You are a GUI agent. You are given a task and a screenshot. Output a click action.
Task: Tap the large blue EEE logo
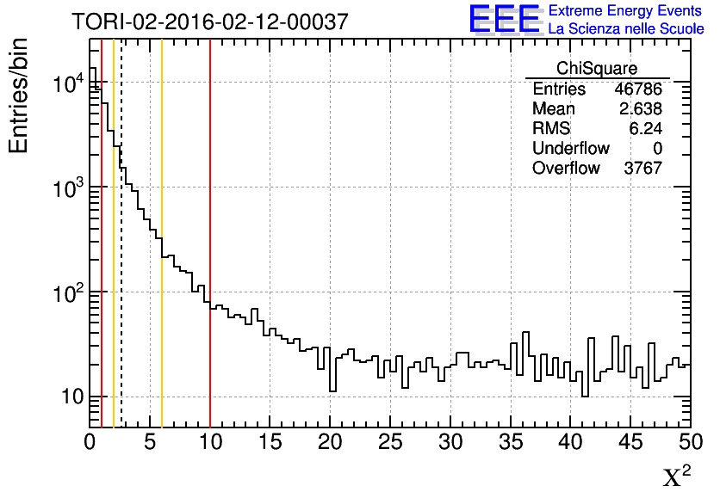pos(505,19)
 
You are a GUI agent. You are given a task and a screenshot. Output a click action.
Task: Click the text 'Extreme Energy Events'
pos(624,10)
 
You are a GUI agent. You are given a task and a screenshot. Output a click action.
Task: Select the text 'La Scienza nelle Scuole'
pos(626,28)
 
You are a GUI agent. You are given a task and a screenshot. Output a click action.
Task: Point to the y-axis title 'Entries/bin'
pos(19,95)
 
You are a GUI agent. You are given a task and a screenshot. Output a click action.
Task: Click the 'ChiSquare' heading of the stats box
pos(597,69)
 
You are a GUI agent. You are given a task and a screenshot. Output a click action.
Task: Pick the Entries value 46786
pos(638,89)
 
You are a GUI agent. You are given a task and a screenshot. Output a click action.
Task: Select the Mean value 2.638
pos(641,109)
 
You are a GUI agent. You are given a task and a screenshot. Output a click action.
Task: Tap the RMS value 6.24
pos(645,129)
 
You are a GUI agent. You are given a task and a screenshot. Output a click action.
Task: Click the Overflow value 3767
pos(642,169)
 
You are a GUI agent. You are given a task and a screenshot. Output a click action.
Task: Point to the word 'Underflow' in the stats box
pos(571,149)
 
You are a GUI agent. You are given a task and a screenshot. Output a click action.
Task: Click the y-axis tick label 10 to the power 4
pos(68,83)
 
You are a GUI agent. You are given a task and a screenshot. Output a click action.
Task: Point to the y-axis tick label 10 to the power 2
pos(68,292)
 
